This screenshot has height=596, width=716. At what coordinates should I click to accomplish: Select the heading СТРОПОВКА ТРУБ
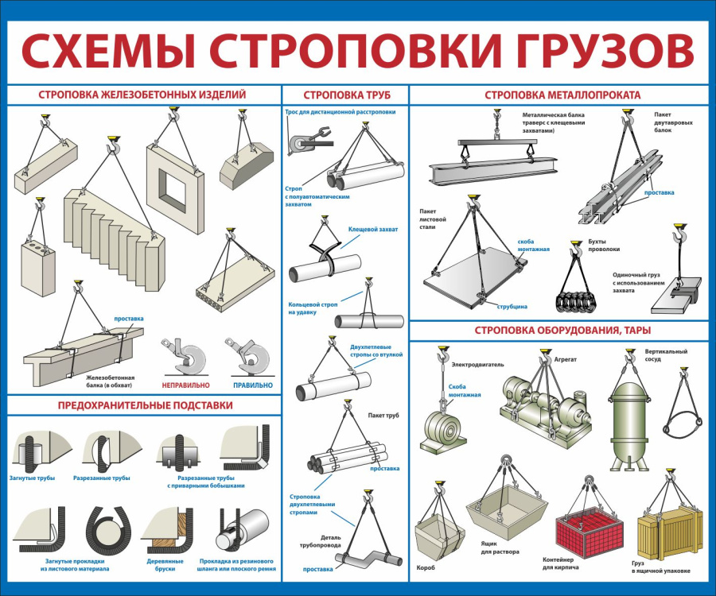pos(346,95)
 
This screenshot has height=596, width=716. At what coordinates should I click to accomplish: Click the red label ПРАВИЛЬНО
pos(252,385)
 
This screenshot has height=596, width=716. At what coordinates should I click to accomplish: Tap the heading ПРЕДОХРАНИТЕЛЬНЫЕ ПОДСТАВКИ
pos(145,405)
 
